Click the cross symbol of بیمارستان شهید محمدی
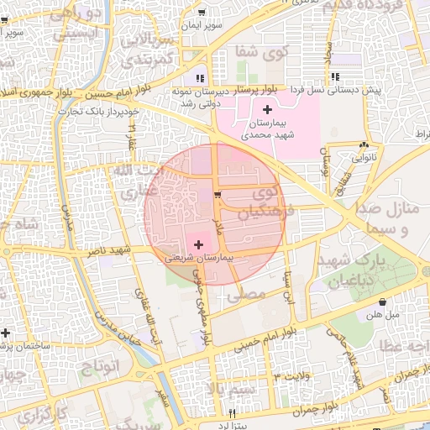tap(267, 110)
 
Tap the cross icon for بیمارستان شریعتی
tap(197, 244)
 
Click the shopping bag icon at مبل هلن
tap(383, 302)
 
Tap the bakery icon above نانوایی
tap(363, 144)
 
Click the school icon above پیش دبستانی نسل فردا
tap(336, 78)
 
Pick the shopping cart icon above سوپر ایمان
tap(202, 13)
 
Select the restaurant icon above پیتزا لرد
tap(233, 414)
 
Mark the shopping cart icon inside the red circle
tap(218, 196)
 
